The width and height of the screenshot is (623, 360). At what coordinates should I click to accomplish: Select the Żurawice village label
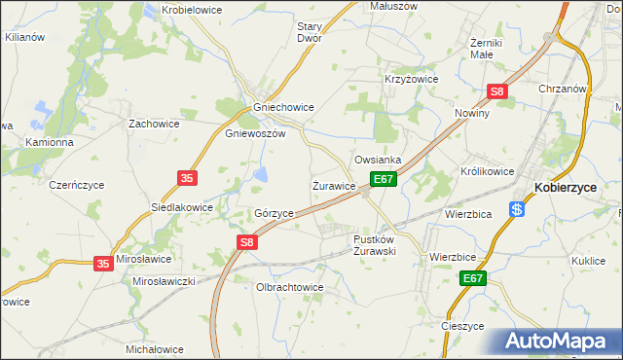(x=334, y=185)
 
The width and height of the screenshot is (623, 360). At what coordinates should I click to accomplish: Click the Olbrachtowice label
(x=289, y=288)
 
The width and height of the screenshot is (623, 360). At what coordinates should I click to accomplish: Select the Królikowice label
(x=487, y=171)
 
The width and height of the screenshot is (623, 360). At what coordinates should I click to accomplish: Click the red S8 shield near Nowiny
(x=497, y=92)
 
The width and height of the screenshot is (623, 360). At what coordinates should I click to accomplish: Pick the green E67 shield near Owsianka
(x=383, y=180)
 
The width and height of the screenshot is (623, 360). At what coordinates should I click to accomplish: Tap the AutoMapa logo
(x=556, y=342)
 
